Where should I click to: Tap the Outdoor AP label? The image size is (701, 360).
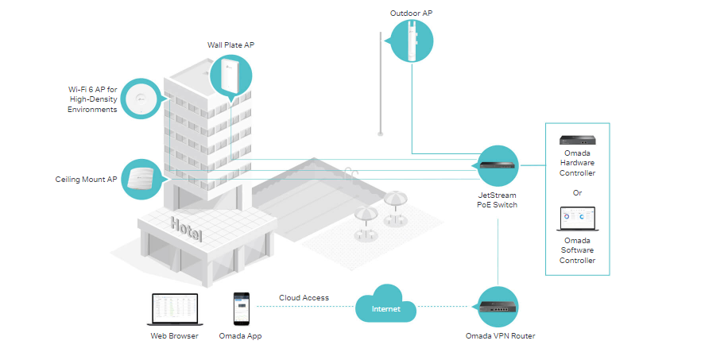click(412, 14)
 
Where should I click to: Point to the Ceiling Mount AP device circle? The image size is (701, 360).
click(140, 179)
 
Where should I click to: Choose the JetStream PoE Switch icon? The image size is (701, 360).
click(498, 166)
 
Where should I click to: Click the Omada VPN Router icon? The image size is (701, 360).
click(498, 305)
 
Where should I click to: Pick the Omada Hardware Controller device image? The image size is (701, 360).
click(578, 141)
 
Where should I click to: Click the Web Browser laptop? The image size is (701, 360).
click(174, 310)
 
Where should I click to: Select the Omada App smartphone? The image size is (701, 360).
click(242, 308)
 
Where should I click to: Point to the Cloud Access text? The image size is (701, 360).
click(304, 298)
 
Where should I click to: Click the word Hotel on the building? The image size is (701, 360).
click(186, 229)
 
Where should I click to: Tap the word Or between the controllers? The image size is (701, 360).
click(578, 192)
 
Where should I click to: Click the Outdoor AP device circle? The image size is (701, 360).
click(412, 43)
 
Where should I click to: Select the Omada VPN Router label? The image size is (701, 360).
click(500, 336)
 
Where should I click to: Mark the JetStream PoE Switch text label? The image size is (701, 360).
click(498, 199)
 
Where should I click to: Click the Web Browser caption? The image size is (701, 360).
click(174, 336)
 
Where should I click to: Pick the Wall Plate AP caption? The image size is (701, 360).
click(230, 46)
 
